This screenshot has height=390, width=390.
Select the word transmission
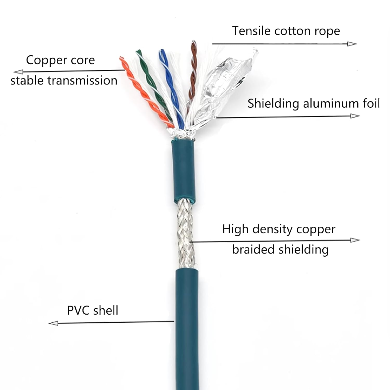[82, 81]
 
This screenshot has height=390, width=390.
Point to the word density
[272, 230]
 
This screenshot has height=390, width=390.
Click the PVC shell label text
[93, 310]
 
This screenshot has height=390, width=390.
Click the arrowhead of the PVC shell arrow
[53, 323]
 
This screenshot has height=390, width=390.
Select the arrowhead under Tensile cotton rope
[352, 44]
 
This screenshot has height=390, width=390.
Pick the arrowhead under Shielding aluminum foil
[355, 116]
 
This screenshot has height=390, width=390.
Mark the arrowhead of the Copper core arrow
[18, 72]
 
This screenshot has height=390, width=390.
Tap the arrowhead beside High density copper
[355, 240]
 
